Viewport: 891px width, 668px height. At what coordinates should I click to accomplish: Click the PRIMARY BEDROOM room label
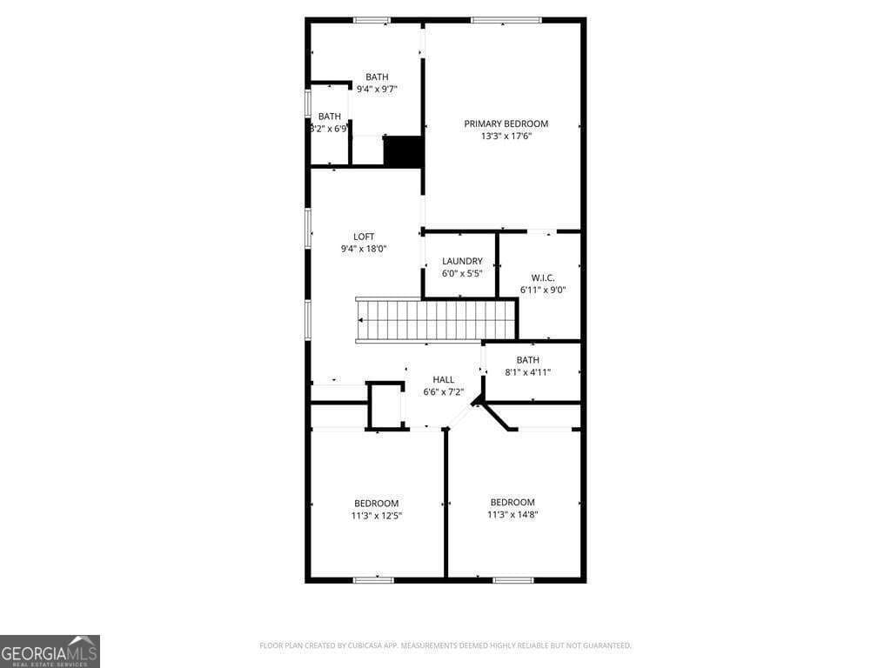506,124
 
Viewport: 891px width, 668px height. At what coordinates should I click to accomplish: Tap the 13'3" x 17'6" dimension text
506,136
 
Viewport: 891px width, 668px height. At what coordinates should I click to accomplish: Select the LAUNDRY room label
462,261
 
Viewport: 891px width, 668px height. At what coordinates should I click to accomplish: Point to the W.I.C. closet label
543,277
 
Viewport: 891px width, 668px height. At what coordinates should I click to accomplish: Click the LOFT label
364,237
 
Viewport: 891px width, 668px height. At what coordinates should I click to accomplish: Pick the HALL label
444,379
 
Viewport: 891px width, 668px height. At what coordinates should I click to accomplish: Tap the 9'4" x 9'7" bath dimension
377,89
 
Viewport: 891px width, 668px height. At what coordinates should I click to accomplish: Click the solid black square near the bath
403,151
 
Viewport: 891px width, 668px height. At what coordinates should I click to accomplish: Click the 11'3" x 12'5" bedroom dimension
377,515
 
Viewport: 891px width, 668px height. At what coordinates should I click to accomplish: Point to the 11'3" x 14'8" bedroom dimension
512,514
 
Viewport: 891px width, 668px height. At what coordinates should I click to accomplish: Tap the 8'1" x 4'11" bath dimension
528,372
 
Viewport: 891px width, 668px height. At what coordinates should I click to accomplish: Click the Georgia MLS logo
50,651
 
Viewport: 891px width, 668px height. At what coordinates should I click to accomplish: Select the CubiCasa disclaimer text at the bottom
445,645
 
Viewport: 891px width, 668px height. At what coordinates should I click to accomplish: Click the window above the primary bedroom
506,20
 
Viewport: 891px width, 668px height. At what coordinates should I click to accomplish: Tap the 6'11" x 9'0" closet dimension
543,290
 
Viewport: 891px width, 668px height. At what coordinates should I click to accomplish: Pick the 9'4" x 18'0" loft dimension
364,249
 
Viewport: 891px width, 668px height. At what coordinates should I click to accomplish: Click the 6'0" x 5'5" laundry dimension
462,273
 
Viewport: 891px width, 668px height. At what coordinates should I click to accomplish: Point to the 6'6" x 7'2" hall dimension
444,391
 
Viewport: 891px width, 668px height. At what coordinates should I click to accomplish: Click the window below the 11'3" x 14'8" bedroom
512,579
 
